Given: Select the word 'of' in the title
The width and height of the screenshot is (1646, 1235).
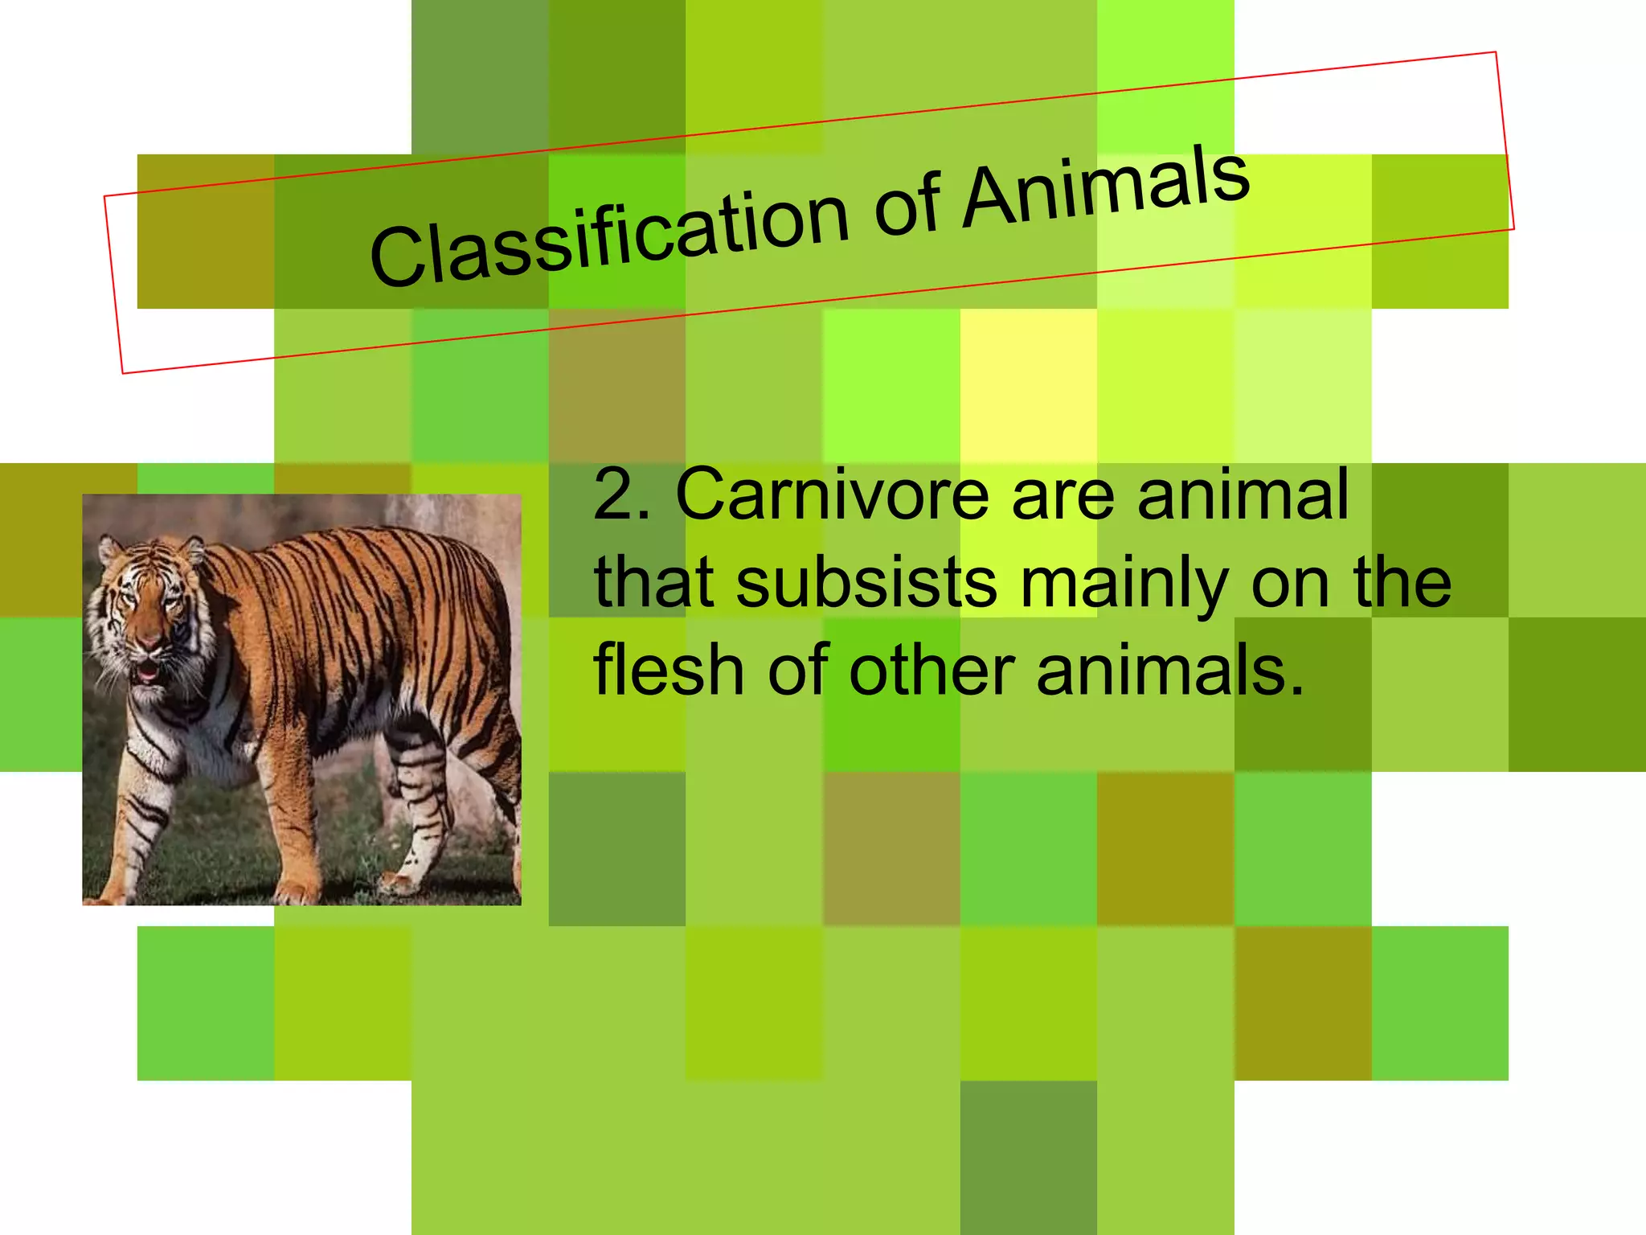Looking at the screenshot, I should coord(907,207).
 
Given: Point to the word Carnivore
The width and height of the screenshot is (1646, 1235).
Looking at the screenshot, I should coord(832,494).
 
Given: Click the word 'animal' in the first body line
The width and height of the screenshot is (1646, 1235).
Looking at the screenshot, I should coord(1243,494).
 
